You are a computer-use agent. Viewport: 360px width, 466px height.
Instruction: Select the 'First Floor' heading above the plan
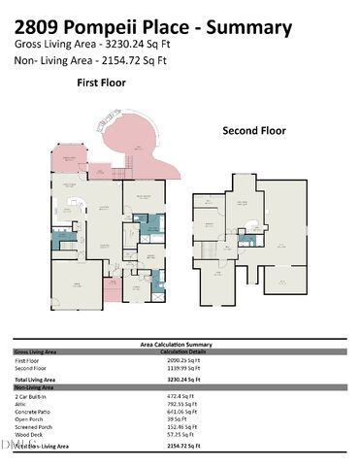pos(100,83)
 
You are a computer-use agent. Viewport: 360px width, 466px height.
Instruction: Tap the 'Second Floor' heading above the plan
pos(256,130)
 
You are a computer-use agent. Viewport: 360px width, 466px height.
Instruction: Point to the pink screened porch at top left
pos(70,162)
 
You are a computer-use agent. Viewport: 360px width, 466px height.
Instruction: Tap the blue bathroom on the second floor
pos(247,239)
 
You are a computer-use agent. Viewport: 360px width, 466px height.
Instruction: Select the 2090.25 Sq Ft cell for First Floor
pos(183,359)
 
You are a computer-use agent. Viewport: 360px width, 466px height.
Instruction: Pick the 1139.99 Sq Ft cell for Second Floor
pos(183,367)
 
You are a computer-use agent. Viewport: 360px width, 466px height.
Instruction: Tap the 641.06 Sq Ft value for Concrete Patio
pos(182,412)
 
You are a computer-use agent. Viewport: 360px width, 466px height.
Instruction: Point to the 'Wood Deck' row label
pos(29,436)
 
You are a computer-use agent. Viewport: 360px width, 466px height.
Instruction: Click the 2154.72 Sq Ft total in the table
pos(183,445)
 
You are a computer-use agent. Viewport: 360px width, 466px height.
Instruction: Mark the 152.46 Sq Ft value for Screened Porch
pos(182,428)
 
